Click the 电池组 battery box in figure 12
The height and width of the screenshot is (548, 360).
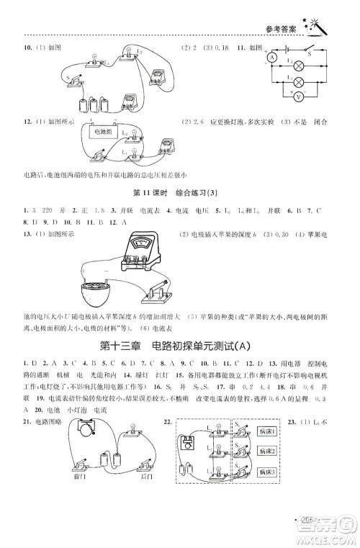click(96, 132)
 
